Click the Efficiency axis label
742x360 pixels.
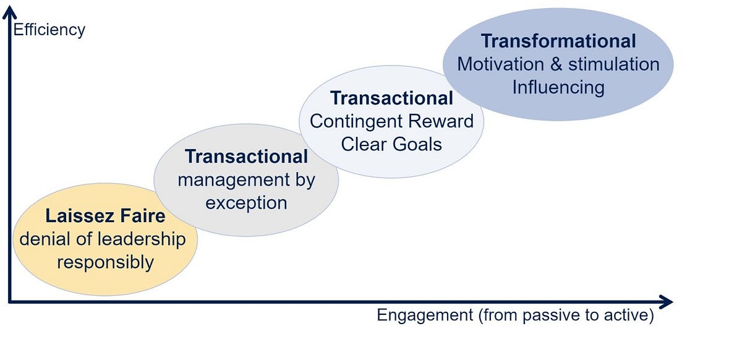coord(49,29)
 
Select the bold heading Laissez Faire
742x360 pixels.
coord(105,216)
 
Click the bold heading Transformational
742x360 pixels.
coord(558,41)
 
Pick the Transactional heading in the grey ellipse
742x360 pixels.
coord(246,156)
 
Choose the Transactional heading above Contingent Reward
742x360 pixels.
coord(391,98)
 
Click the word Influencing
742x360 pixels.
coord(558,87)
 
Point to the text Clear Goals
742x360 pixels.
coord(391,144)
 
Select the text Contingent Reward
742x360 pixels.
coord(391,121)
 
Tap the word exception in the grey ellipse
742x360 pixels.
coord(246,203)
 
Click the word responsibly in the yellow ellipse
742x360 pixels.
coord(105,262)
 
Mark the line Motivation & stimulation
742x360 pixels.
coord(558,64)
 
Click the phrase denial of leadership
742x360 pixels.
coord(103,239)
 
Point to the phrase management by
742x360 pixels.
coord(246,180)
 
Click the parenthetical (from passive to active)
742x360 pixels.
coord(565,315)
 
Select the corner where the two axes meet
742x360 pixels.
coord(9,302)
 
